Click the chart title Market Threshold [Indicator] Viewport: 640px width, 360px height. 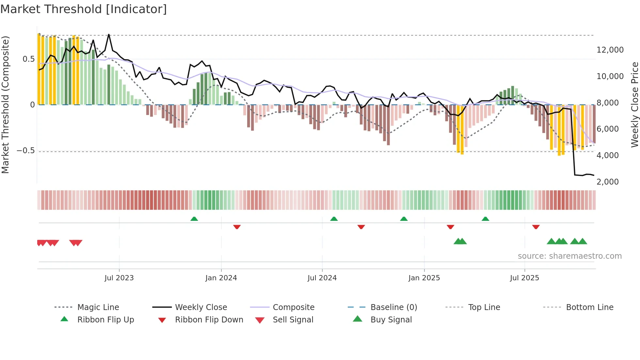coord(84,9)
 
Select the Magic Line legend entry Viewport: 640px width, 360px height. coord(98,307)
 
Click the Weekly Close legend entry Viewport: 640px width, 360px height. coord(201,307)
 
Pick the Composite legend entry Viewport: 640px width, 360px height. coord(294,307)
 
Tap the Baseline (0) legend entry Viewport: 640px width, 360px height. coord(393,307)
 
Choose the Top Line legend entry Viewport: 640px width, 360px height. coord(484,307)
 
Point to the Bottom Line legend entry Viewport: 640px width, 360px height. coord(589,307)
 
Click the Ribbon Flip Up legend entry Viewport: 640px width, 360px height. coord(105,319)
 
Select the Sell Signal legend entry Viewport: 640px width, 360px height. coord(293,319)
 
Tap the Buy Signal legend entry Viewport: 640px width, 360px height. coord(391,319)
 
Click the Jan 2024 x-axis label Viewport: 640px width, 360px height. coord(221,278)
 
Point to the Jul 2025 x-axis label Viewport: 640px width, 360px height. coord(524,278)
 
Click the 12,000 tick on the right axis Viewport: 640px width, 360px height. coord(610,50)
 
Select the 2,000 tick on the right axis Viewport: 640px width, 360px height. coord(607,182)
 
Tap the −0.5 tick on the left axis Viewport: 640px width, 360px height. coord(25,151)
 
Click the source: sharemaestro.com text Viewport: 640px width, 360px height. coord(569,256)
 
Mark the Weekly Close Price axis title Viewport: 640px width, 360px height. coord(634,105)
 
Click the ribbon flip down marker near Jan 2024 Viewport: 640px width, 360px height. coord(237,227)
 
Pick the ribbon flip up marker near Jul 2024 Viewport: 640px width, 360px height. coord(334,219)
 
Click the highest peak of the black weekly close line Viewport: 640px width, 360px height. coord(109,34)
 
